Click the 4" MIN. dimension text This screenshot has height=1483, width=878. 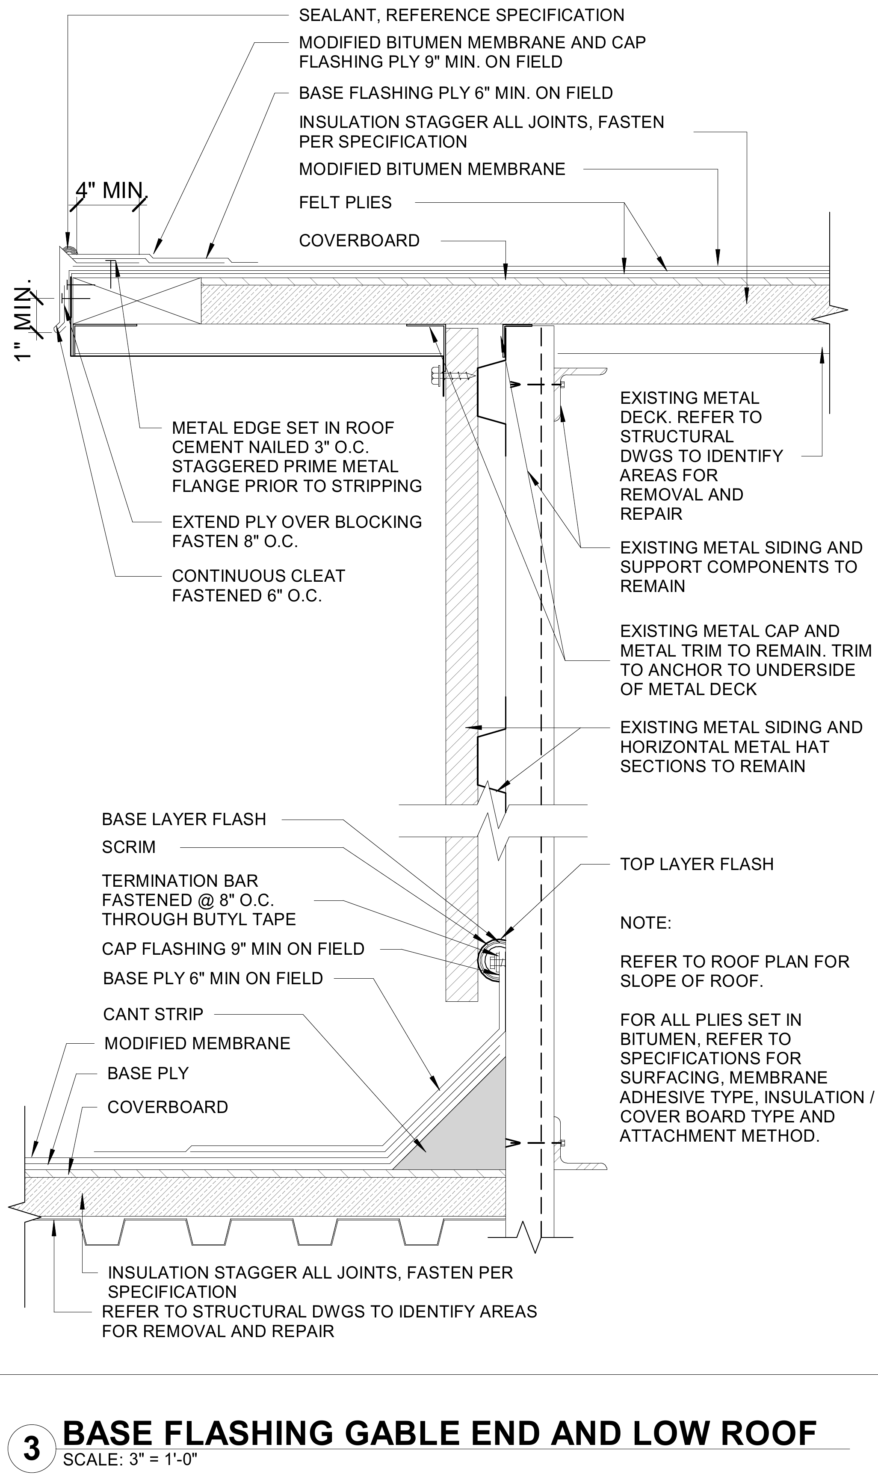pos(111,191)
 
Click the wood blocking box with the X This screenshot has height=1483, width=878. pos(136,301)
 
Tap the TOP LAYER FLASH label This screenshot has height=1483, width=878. pos(696,864)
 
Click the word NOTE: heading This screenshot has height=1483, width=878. pos(645,923)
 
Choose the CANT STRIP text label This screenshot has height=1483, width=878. pos(153,1014)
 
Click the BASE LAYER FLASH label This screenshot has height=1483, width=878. pos(184,820)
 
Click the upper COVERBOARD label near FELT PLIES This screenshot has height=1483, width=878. pos(359,241)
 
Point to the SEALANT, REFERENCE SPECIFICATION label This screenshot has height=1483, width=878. pos(461,15)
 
